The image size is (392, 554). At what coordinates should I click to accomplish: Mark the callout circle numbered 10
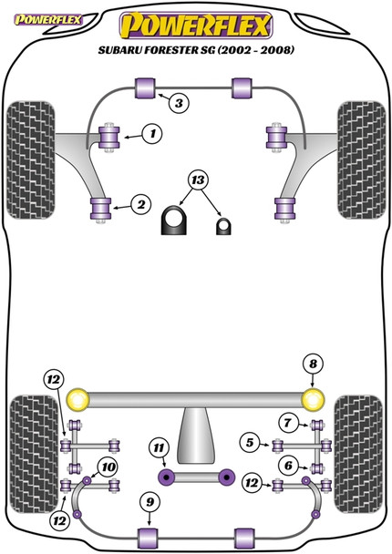[x=108, y=467]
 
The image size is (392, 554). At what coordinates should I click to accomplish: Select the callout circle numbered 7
[x=287, y=422]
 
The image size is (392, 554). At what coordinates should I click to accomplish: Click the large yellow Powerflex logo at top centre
[x=196, y=21]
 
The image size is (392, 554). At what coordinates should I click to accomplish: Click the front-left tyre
[x=27, y=141]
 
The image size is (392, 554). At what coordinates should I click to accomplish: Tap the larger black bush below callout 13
[x=174, y=221]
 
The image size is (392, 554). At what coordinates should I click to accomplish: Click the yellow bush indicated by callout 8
[x=314, y=398]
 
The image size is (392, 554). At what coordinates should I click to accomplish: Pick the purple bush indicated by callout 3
[x=145, y=88]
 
